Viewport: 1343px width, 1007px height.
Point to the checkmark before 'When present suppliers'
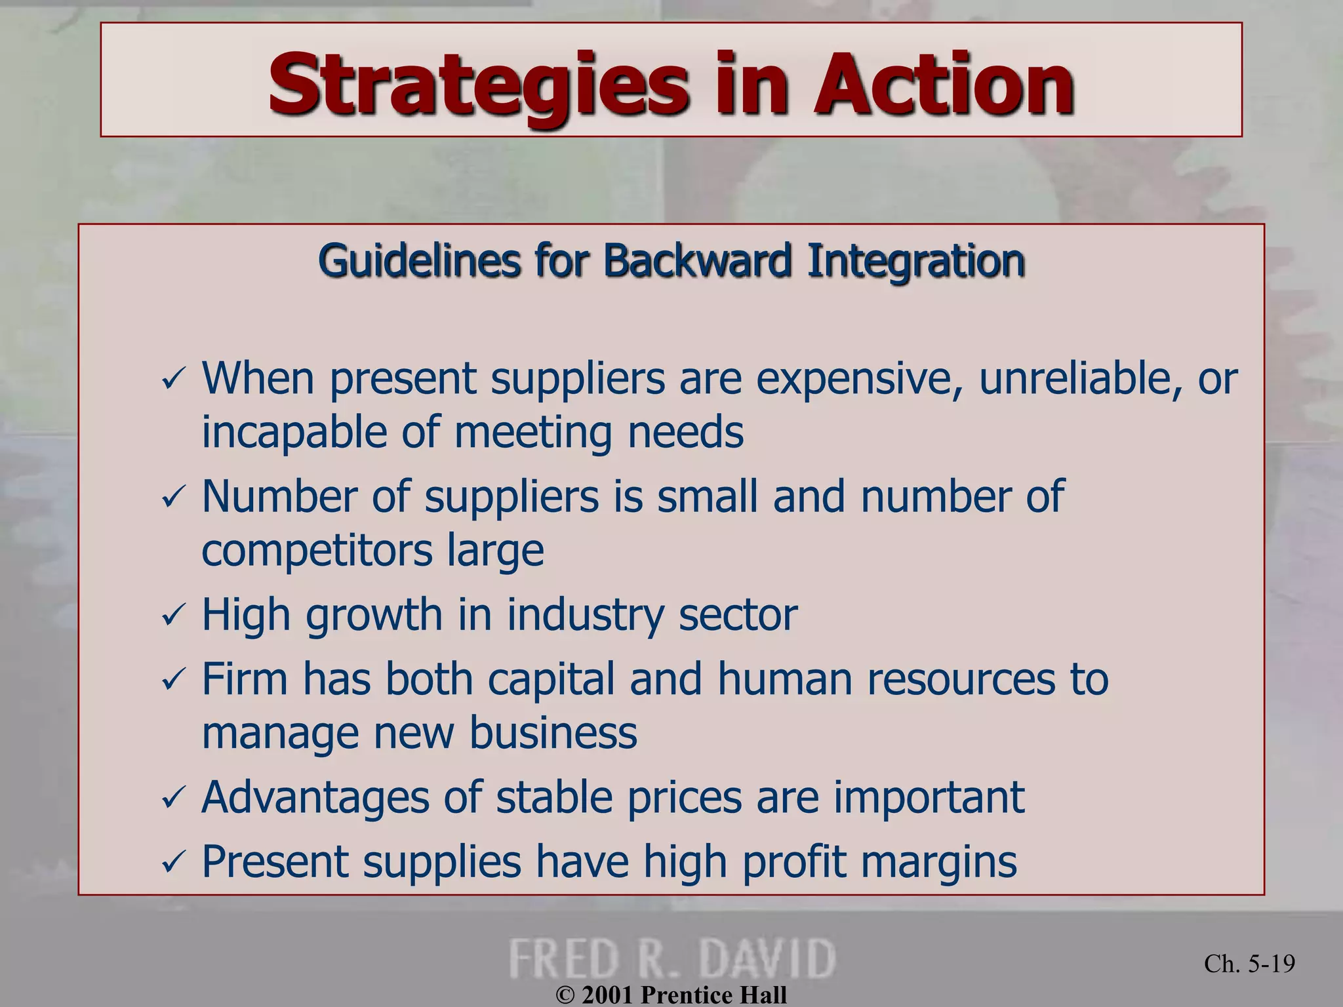pyautogui.click(x=174, y=380)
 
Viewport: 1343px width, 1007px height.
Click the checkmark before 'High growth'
pyautogui.click(x=174, y=616)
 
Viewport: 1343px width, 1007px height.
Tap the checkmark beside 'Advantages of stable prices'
pyautogui.click(x=174, y=798)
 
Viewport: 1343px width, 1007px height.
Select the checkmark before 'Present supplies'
pyautogui.click(x=174, y=862)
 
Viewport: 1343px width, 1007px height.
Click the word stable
pyautogui.click(x=553, y=797)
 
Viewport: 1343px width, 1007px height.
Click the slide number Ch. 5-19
pyautogui.click(x=1249, y=964)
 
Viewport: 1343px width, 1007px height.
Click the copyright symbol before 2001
pyautogui.click(x=565, y=995)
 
